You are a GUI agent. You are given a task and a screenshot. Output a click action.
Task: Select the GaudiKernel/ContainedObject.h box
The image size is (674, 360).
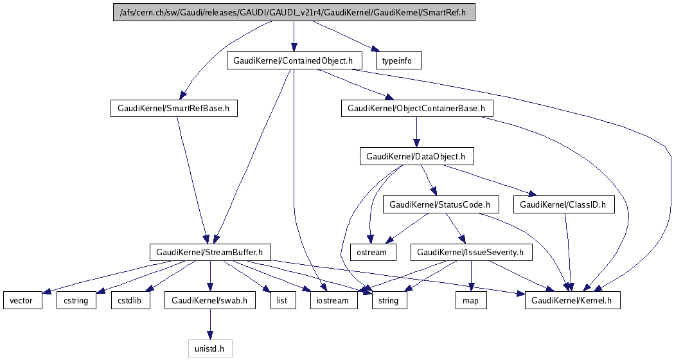[294, 61]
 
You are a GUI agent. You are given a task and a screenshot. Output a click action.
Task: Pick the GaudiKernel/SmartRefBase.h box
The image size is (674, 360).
[174, 109]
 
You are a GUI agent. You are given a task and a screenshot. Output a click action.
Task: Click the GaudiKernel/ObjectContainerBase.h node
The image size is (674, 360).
[416, 109]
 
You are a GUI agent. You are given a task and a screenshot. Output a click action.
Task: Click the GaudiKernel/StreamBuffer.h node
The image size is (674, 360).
[210, 252]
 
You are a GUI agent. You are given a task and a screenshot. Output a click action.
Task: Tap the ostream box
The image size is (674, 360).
[371, 252]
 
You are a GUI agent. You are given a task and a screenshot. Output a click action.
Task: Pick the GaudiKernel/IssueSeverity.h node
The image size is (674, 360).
[472, 252]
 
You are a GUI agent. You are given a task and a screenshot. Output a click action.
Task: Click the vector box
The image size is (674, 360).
[22, 300]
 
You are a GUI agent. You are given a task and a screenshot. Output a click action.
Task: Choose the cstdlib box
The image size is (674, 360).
[130, 300]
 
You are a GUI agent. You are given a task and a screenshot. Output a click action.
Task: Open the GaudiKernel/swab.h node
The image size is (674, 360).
[210, 300]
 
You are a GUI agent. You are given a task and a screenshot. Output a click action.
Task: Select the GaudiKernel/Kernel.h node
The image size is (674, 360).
[572, 300]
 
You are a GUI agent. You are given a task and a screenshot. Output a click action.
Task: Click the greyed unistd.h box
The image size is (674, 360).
[209, 348]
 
